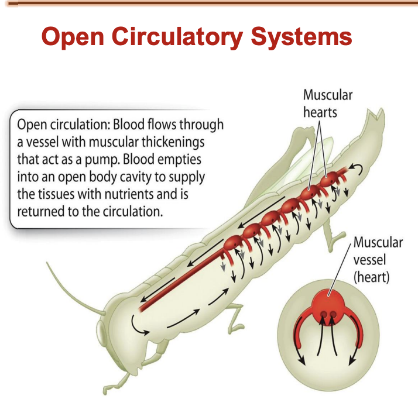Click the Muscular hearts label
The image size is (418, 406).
tap(327, 102)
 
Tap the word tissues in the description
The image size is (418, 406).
tap(57, 193)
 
